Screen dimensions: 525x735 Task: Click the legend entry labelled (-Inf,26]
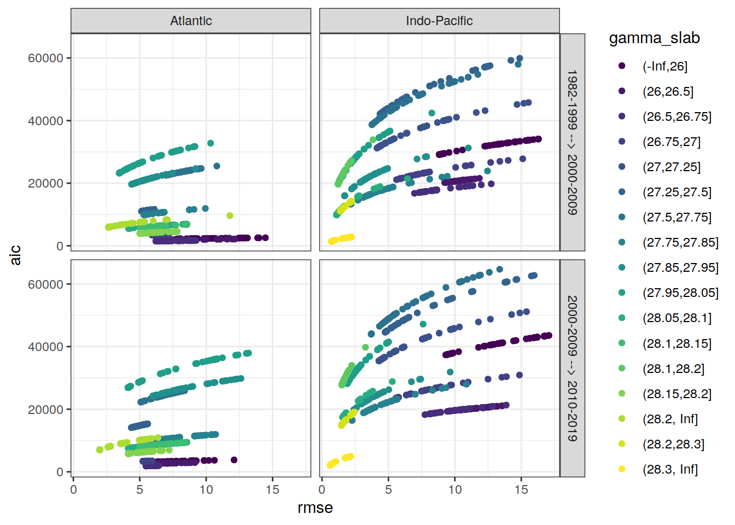click(664, 66)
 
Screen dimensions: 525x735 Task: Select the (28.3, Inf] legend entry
click(670, 469)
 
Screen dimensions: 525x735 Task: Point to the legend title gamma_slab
click(654, 38)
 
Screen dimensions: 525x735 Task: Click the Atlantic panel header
click(191, 21)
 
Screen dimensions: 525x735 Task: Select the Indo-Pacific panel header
click(439, 21)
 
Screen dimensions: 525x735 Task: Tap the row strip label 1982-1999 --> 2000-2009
click(572, 142)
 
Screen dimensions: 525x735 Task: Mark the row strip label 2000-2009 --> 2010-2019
click(572, 368)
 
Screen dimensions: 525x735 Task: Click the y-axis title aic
click(16, 255)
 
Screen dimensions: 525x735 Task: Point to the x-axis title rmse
click(315, 508)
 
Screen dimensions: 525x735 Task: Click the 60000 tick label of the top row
click(45, 58)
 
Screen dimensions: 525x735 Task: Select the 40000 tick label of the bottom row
click(45, 347)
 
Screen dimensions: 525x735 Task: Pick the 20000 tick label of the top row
click(45, 184)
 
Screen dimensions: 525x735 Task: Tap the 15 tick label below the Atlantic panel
click(272, 490)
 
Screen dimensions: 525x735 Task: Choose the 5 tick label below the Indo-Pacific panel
click(388, 490)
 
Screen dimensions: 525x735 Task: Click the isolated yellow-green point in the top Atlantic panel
click(230, 215)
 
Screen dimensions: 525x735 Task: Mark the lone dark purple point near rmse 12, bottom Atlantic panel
click(234, 460)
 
